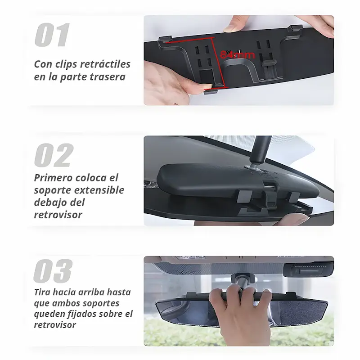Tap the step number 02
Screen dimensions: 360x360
[x=54, y=155]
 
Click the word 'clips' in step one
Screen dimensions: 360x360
[x=67, y=64]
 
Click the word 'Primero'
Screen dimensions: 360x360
[x=54, y=178]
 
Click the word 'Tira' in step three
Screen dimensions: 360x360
[x=43, y=292]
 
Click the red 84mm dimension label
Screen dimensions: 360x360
[x=238, y=55]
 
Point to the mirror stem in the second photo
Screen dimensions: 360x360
[x=261, y=151]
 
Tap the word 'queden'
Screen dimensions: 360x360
[x=50, y=314]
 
